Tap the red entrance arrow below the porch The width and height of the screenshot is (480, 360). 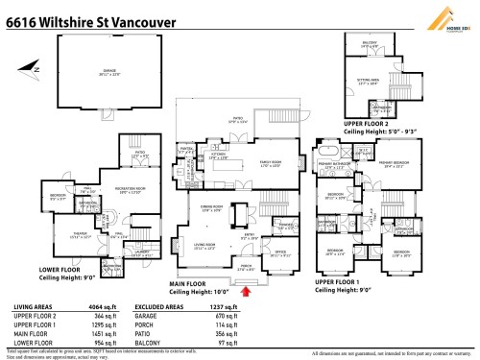247,287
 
